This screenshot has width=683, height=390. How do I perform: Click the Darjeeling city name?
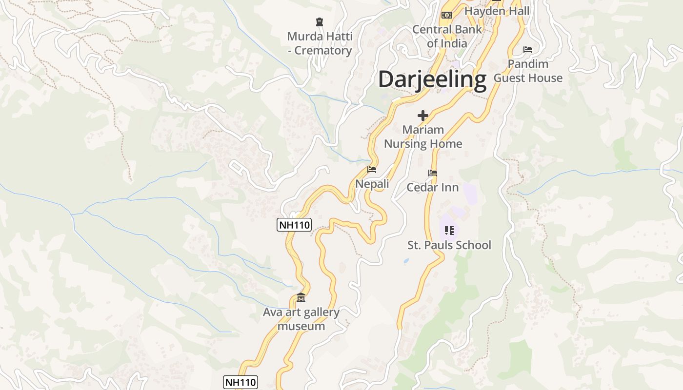coord(432,79)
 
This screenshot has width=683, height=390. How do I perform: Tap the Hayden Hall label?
coord(497,11)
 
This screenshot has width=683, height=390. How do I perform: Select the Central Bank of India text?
coord(447,36)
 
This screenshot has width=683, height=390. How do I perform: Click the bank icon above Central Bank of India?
coord(446,15)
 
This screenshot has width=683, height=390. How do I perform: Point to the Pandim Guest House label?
coord(528,71)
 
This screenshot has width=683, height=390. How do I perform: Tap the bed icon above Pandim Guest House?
coord(527,49)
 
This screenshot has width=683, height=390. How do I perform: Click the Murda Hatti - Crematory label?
coord(320,43)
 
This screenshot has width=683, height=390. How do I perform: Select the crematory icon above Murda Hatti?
coord(320,21)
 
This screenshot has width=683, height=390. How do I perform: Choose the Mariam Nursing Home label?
coord(423,136)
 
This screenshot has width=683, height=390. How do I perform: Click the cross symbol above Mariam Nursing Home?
coord(422,116)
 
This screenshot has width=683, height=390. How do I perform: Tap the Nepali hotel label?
coord(372,184)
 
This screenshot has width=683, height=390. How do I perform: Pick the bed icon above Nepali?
coord(372,170)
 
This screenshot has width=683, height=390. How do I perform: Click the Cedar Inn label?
coord(432,187)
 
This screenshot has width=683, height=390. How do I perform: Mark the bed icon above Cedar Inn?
coord(432,173)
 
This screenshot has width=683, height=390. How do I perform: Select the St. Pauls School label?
coord(449,245)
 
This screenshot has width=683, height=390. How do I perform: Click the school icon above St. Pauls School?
coord(449,230)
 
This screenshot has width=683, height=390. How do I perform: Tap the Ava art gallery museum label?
coord(301,319)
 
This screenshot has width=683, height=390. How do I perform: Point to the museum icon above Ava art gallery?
coord(301,298)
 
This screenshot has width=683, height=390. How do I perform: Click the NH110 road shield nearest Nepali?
coord(294,225)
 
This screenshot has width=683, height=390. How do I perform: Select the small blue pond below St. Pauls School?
coord(406,261)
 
